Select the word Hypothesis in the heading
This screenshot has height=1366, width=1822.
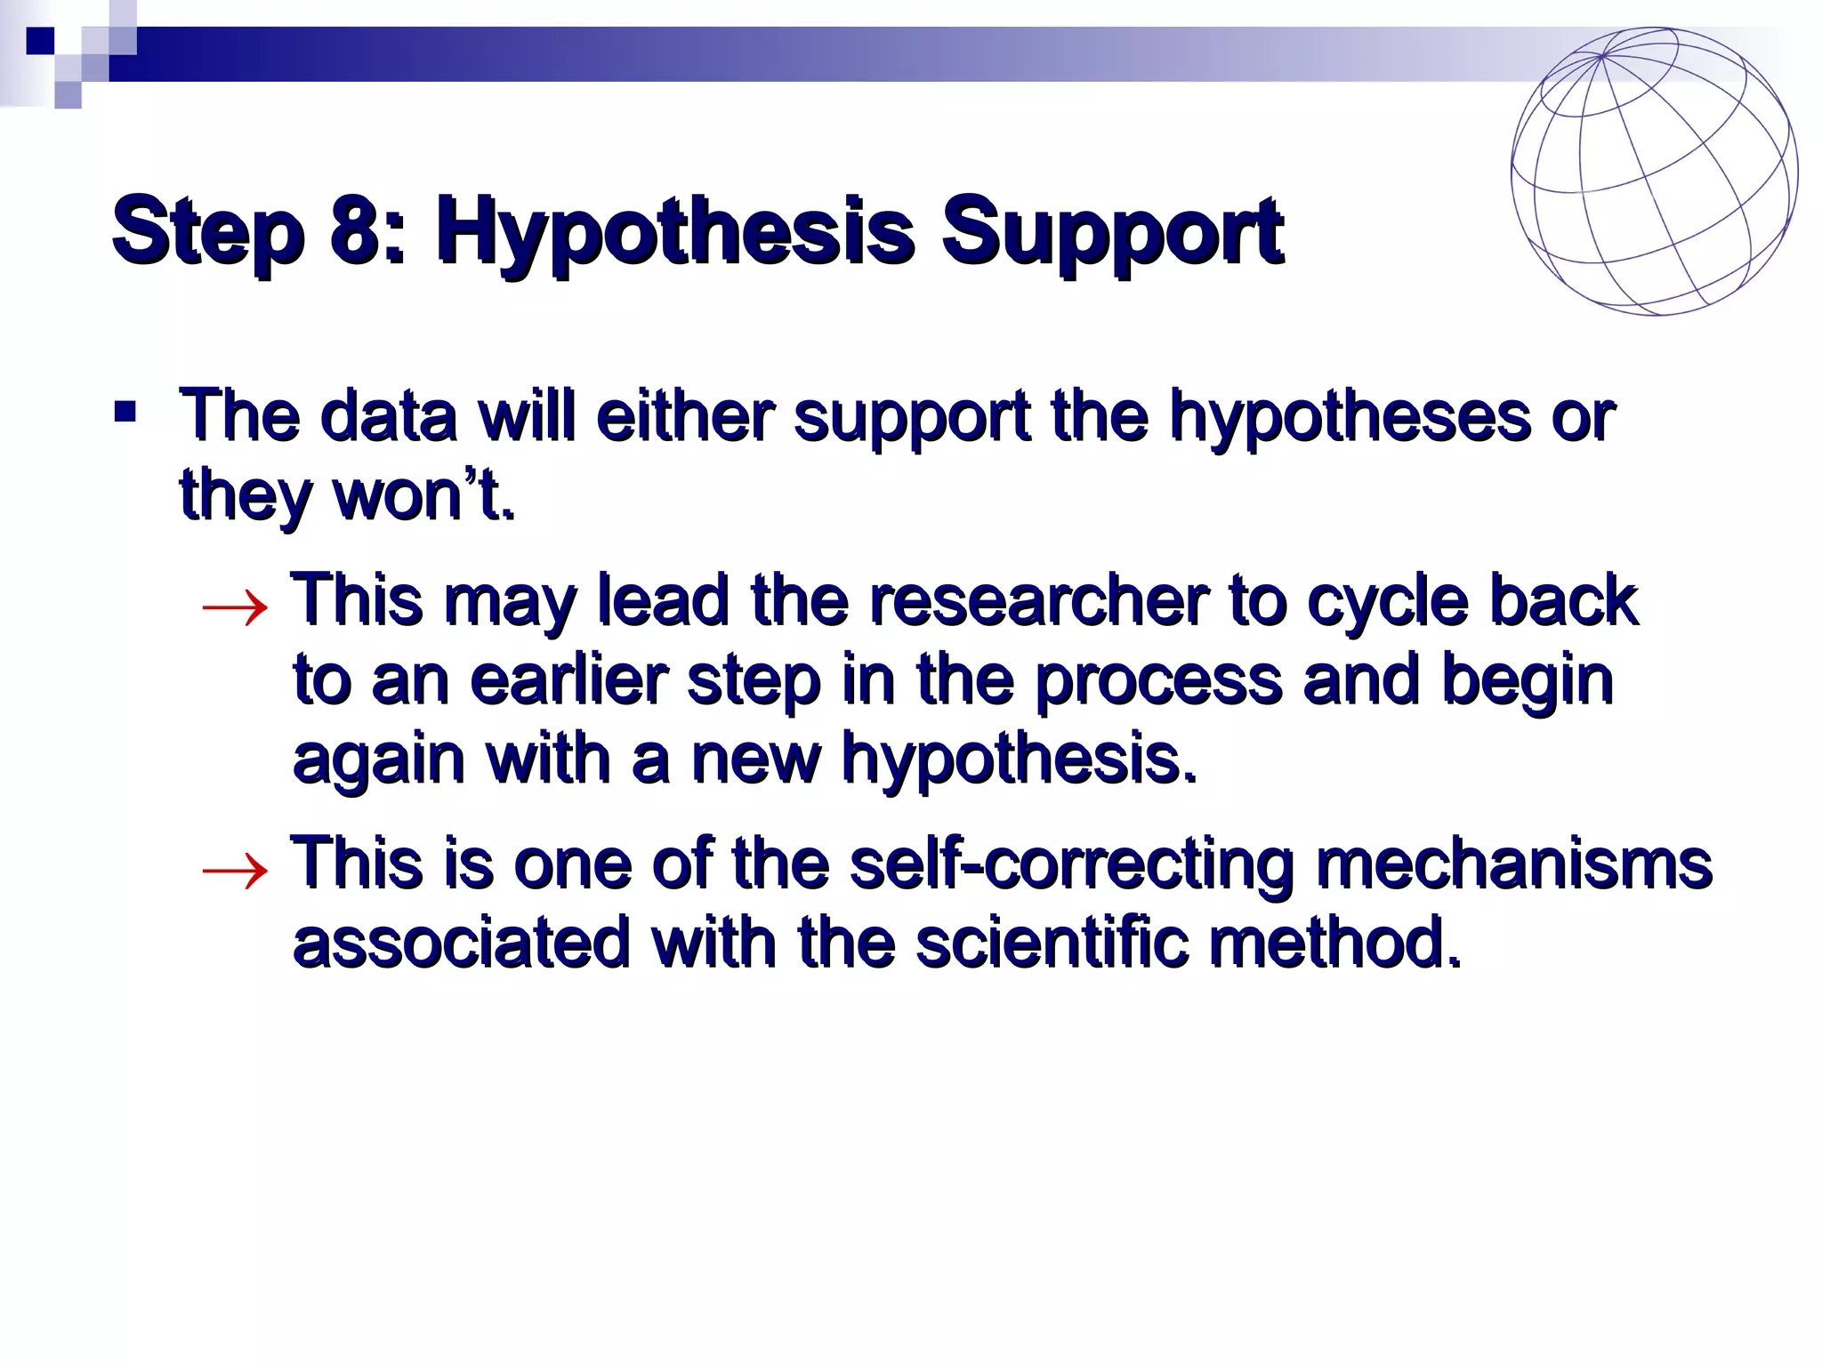[x=673, y=233]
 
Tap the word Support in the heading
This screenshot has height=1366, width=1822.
[x=1112, y=233]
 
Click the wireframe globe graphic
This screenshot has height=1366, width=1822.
[x=1654, y=172]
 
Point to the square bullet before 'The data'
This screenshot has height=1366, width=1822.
[x=125, y=412]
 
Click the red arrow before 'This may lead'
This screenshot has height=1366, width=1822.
[x=234, y=608]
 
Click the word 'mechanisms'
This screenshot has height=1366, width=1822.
[x=1513, y=864]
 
